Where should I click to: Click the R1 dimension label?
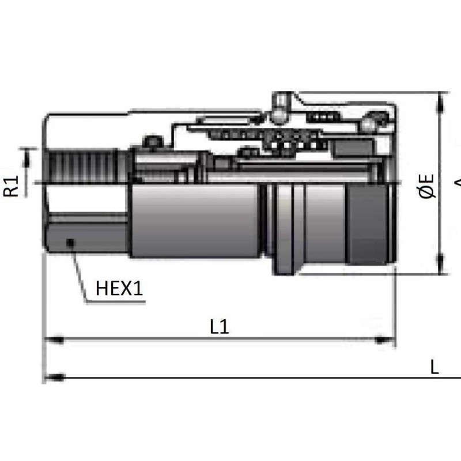(12, 186)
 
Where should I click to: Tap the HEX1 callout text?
(119, 289)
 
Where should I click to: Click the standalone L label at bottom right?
(434, 367)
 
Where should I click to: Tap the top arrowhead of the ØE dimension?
(443, 100)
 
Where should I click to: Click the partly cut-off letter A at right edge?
(458, 184)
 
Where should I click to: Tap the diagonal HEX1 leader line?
(78, 271)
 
